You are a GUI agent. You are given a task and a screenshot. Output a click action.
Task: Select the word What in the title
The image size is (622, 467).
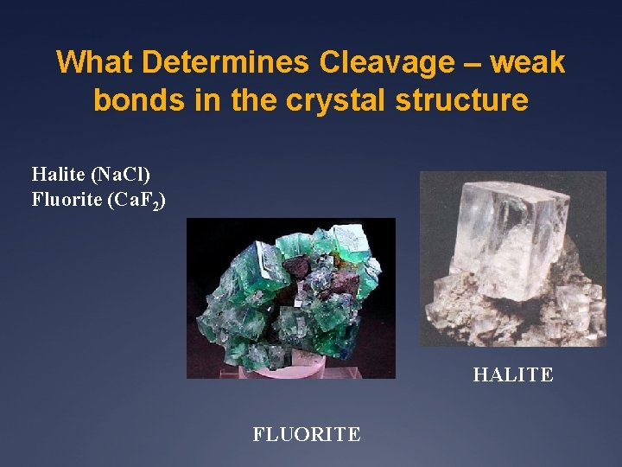[95, 62]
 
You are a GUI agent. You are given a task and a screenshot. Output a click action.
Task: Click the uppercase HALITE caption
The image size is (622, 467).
[512, 374]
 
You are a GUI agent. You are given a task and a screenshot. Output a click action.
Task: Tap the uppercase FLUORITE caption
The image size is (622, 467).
[306, 434]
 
